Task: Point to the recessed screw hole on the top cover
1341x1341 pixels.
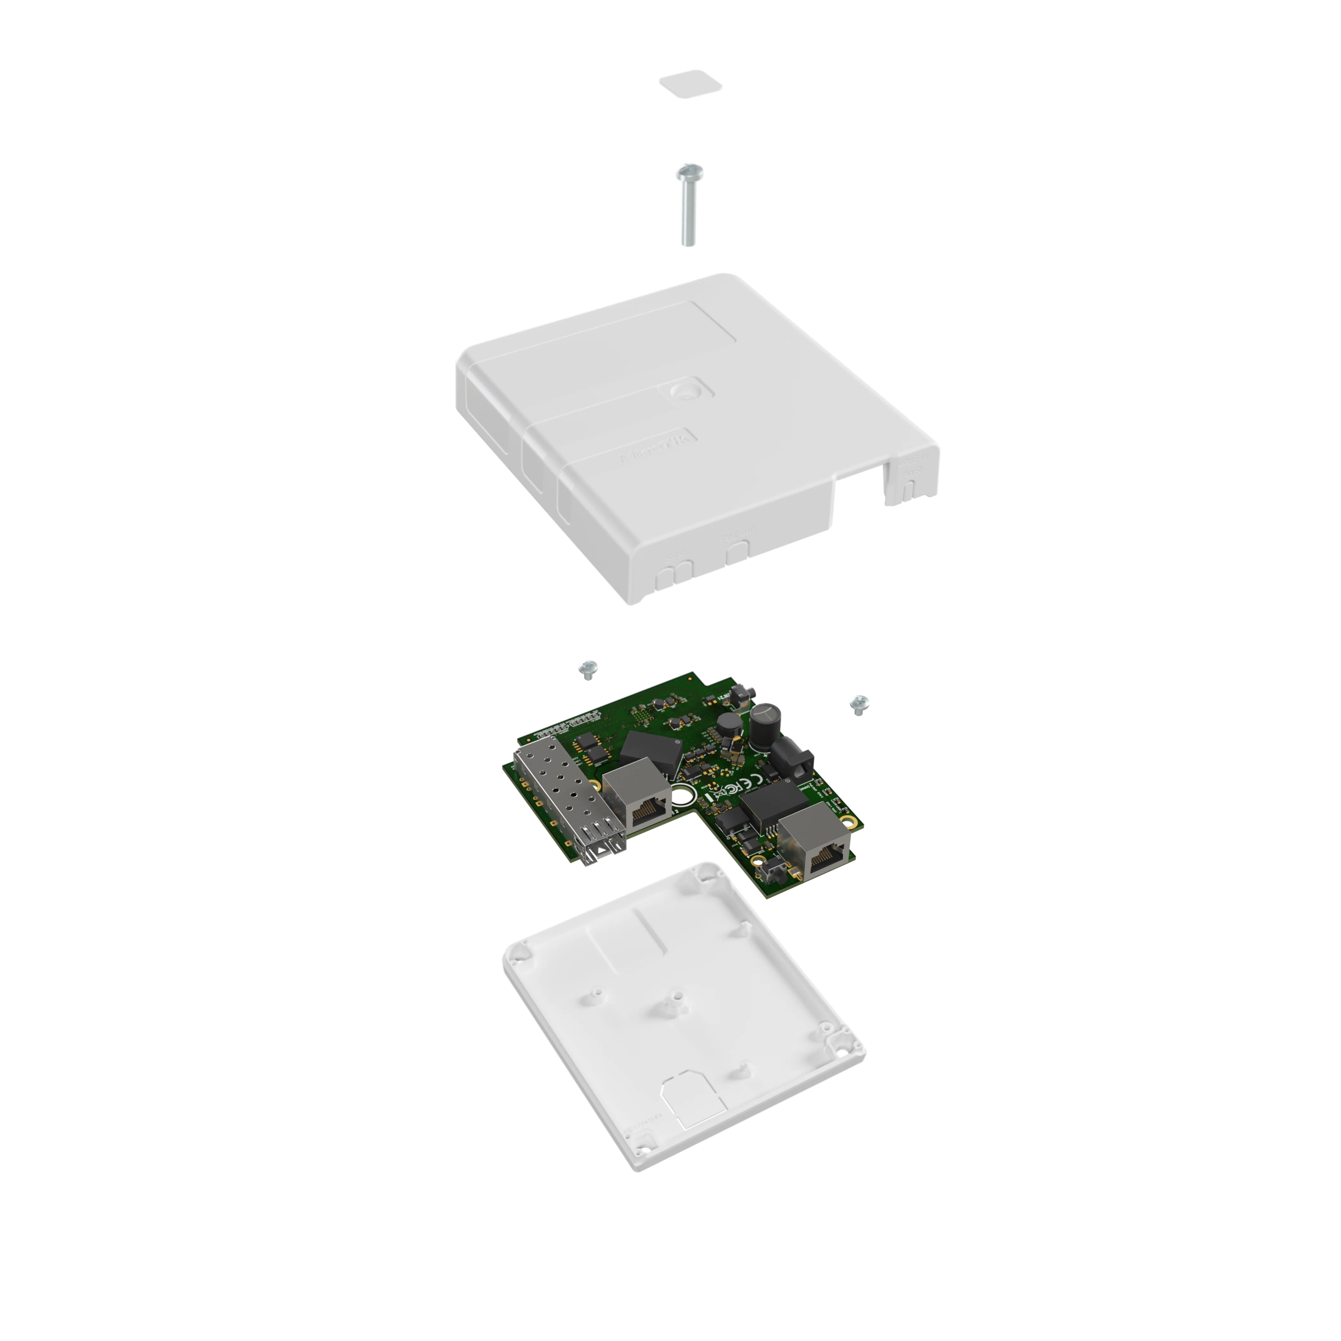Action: [687, 389]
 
